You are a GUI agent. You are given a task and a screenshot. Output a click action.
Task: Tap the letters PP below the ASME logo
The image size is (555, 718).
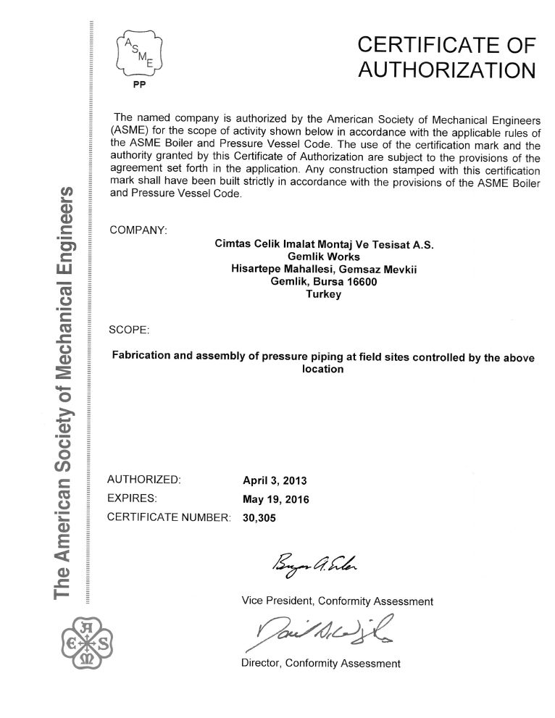coord(140,91)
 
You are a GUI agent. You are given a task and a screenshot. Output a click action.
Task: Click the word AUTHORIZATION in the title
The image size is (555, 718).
coord(448,70)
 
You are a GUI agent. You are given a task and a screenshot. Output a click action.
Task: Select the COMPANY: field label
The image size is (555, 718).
coord(138,230)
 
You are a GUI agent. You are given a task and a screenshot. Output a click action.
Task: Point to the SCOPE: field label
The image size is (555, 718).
coord(129,330)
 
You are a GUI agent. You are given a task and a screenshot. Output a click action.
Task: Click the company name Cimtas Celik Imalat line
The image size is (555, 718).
coord(325,245)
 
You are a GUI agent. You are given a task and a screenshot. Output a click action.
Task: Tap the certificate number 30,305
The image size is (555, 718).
coord(259,518)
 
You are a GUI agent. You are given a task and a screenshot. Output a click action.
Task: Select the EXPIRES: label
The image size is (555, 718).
coord(133,498)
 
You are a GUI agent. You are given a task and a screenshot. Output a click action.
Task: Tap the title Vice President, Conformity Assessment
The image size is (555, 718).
coord(336,601)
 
